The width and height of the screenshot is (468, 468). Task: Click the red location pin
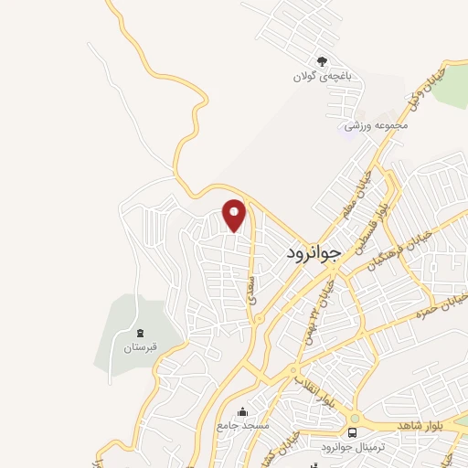point(235,214)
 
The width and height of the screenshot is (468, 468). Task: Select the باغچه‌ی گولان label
point(321,77)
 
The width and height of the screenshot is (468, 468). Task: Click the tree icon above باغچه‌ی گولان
point(321,60)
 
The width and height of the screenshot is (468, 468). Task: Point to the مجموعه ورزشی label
point(367,124)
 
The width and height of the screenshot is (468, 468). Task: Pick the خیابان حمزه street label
point(441,305)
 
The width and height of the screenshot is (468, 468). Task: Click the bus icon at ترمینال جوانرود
point(352,431)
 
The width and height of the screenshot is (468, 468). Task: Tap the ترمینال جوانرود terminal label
point(324,446)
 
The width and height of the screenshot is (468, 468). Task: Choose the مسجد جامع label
point(242,427)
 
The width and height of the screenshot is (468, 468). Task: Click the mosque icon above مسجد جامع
point(241,412)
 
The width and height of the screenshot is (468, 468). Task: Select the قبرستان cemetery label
point(141,347)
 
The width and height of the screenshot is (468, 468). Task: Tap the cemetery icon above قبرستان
point(140,333)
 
